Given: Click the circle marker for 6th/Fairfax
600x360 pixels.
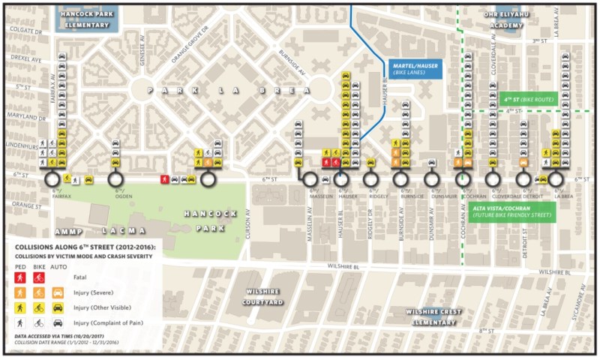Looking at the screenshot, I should pos(52,179).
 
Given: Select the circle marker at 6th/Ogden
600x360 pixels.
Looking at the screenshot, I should pos(115,179).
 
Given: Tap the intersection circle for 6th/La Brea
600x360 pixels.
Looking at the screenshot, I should pos(556,179).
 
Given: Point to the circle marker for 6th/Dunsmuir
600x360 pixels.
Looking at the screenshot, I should pos(431,179).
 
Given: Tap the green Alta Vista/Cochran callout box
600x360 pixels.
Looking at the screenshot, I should pos(511,211).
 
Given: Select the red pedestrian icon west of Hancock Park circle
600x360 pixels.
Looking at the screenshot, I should pos(164,179).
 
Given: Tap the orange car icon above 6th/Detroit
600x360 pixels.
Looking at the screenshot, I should pos(524,162).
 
